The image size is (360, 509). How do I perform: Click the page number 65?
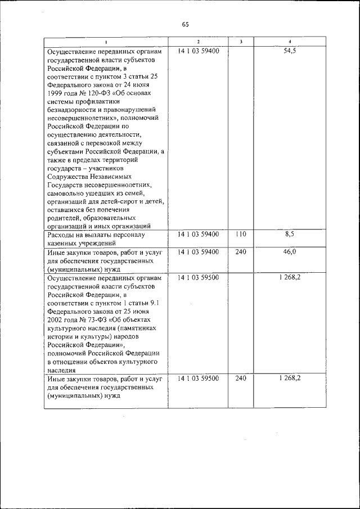click(186, 24)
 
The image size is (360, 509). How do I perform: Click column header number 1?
click(106, 42)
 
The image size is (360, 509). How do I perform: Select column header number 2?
click(198, 42)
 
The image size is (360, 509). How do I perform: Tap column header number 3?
click(241, 42)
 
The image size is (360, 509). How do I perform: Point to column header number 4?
click(290, 42)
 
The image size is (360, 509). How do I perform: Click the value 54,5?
click(290, 51)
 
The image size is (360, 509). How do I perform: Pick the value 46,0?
click(290, 252)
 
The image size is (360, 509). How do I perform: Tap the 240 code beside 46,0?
click(241, 252)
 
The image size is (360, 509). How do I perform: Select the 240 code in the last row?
click(241, 379)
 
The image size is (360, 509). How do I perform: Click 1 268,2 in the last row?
click(290, 379)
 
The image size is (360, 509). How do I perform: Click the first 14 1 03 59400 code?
click(198, 51)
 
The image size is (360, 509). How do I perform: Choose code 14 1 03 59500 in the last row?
click(198, 379)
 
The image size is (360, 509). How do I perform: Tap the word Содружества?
click(69, 176)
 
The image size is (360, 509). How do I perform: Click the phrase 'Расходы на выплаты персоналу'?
click(96, 235)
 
